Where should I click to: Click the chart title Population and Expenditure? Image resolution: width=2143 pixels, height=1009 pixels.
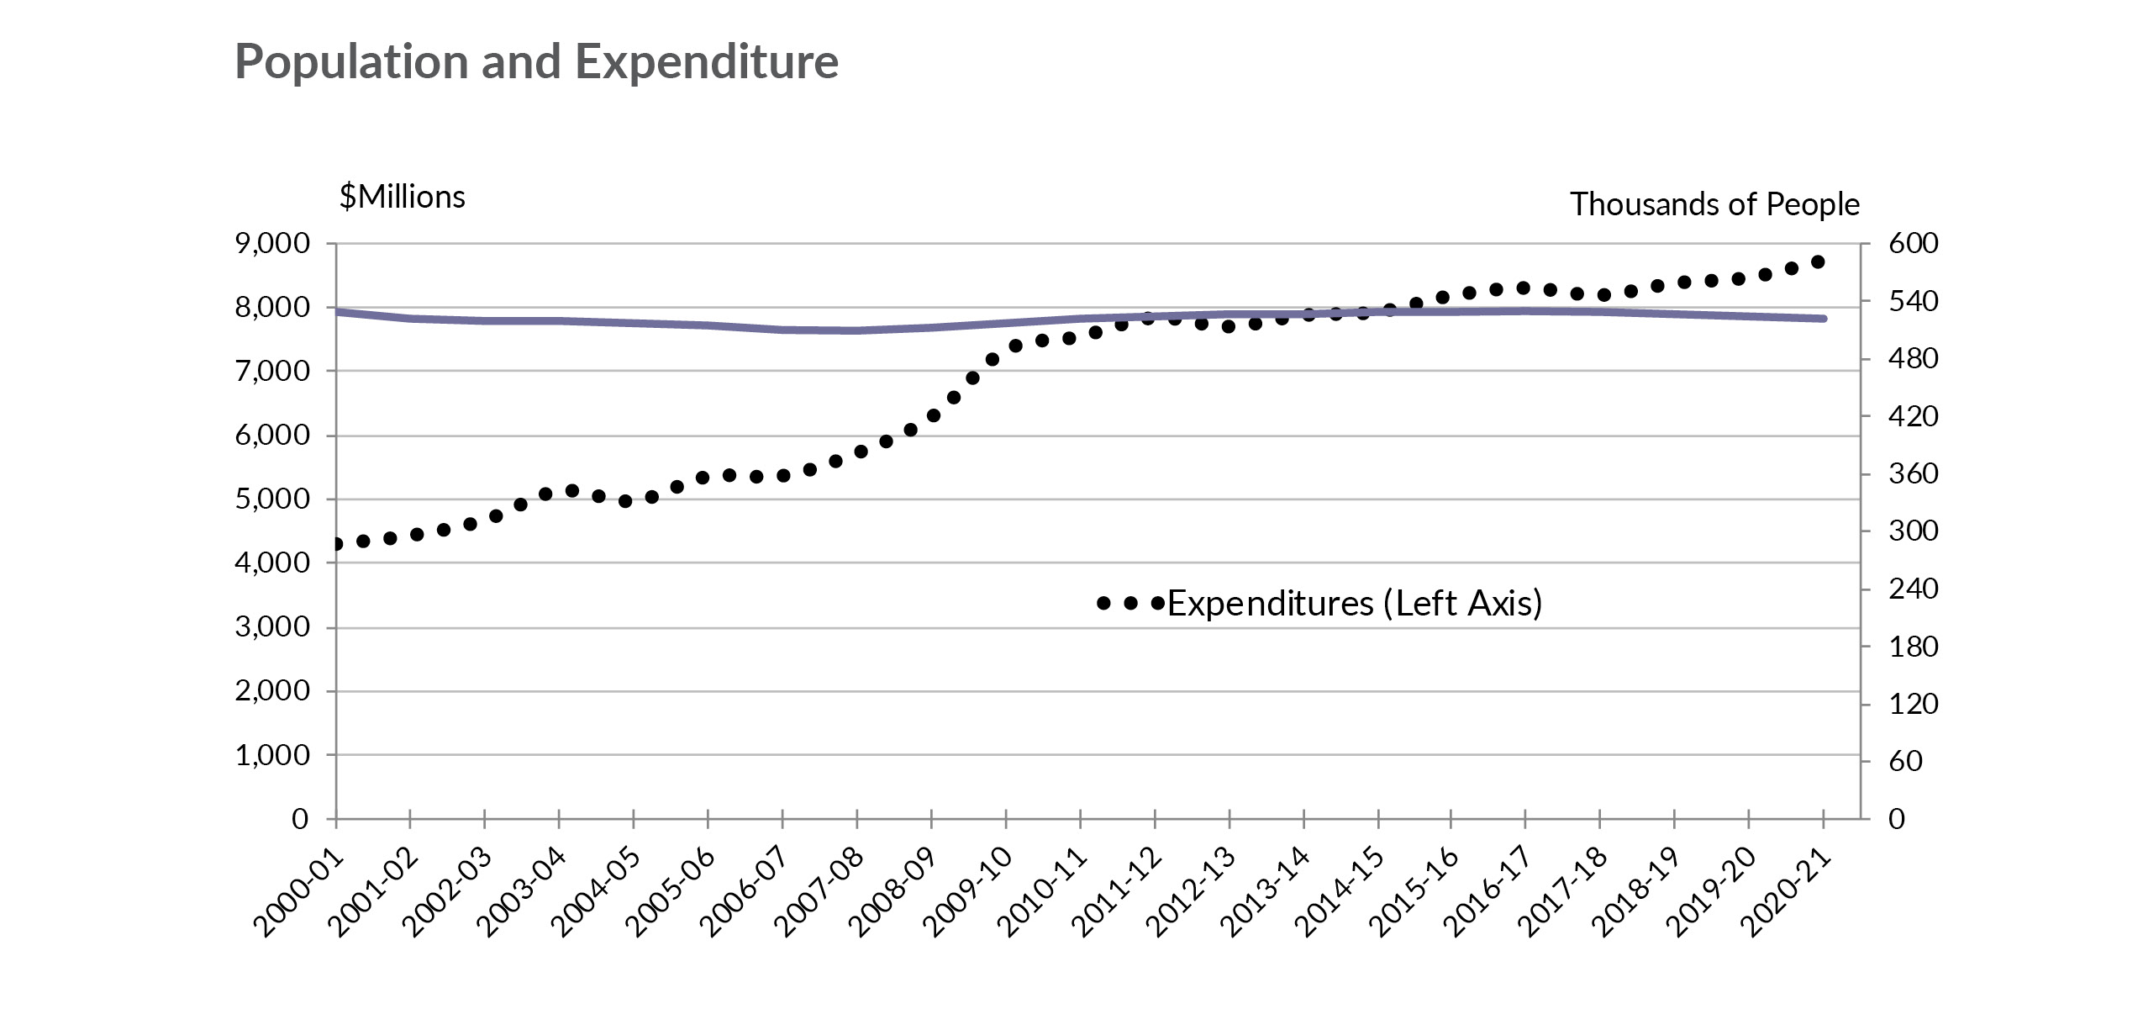[536, 62]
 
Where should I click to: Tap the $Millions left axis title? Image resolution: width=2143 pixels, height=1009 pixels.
[402, 197]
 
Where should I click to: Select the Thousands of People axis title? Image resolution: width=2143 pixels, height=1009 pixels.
[1714, 204]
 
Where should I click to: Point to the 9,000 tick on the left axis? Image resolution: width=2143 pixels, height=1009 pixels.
[272, 244]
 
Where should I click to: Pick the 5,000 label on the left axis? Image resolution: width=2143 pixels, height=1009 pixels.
[272, 499]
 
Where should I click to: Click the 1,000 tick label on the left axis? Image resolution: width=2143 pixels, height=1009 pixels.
[272, 755]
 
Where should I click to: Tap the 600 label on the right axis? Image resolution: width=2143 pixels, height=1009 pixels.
[1913, 244]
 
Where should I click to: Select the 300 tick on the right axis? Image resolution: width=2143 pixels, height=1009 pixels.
[1913, 531]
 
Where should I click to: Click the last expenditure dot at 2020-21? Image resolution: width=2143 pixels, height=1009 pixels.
[1817, 262]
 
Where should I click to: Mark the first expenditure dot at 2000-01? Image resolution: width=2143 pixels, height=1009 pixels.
[337, 544]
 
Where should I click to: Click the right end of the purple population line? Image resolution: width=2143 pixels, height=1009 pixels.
[1822, 319]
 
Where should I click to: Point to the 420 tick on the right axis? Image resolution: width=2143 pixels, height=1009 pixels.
[1913, 416]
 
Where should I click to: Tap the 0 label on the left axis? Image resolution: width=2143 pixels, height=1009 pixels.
[300, 819]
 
